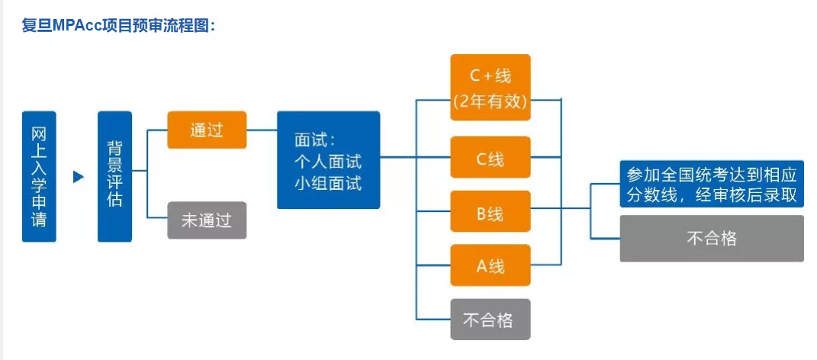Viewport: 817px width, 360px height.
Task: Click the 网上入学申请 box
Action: point(39,176)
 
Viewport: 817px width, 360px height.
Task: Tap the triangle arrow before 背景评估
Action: point(78,177)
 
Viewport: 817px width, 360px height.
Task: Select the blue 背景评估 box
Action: point(114,176)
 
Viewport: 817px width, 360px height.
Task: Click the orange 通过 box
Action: point(207,130)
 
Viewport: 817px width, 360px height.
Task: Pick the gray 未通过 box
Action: point(207,220)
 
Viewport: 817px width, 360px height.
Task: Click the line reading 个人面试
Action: point(327,162)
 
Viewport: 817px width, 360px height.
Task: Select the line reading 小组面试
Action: point(327,183)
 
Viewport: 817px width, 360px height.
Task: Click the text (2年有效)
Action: point(490,101)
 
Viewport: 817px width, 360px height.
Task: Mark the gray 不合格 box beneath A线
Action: point(490,319)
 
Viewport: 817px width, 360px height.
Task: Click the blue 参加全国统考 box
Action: point(711,184)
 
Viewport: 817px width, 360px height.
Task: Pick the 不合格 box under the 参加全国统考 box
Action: point(711,238)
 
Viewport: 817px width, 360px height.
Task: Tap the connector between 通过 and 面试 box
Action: point(262,130)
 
